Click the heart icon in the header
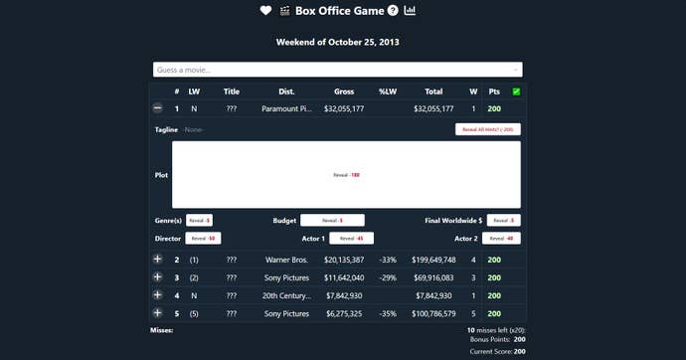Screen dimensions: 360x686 click(x=265, y=11)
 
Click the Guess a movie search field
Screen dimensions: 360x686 click(x=337, y=70)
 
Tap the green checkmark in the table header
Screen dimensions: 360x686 click(x=516, y=91)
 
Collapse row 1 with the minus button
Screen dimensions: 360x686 click(x=157, y=108)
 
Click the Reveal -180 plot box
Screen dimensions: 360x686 click(x=346, y=175)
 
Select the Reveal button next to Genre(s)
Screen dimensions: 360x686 click(x=199, y=220)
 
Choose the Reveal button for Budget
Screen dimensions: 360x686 click(x=332, y=220)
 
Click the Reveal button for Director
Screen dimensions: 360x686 click(x=203, y=239)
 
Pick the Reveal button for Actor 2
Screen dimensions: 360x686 click(x=502, y=239)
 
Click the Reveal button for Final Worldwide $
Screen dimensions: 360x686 click(x=502, y=220)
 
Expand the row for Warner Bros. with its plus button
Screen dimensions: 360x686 click(x=157, y=260)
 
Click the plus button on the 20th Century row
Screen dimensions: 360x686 click(x=157, y=295)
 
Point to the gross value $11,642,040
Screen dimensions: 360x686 click(x=344, y=277)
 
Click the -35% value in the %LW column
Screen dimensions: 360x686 click(x=388, y=313)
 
